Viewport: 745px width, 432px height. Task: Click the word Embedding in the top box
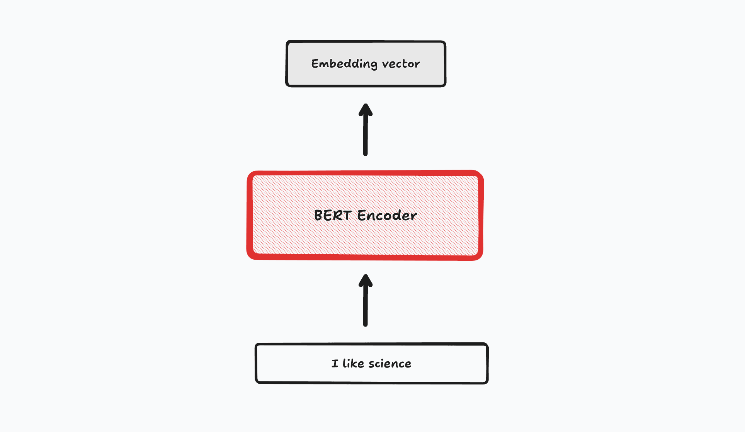[344, 64]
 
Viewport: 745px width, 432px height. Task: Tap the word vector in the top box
[401, 64]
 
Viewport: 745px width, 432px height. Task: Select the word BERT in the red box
[332, 215]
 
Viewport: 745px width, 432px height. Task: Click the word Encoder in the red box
[387, 215]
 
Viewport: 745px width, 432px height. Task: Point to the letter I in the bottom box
[335, 364]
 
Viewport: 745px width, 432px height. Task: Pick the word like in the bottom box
[353, 364]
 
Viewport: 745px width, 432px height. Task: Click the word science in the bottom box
[390, 364]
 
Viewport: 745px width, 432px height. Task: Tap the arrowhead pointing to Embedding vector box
[366, 109]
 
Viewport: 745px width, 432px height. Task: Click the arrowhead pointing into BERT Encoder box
[366, 280]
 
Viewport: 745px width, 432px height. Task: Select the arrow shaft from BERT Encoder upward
[366, 135]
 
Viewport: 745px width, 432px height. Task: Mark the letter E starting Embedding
[315, 64]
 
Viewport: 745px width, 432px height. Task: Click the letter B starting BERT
[318, 215]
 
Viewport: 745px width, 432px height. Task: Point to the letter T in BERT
[346, 215]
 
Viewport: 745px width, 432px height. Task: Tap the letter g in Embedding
[373, 65]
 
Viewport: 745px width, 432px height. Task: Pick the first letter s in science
[371, 364]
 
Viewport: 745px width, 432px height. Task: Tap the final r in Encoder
[414, 216]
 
